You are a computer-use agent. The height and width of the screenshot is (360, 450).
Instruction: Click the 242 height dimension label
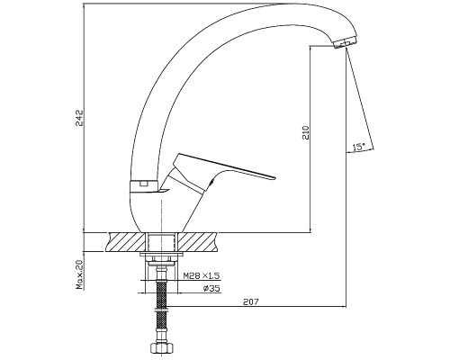click(x=79, y=118)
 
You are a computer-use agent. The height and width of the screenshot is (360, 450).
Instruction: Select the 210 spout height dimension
click(x=305, y=132)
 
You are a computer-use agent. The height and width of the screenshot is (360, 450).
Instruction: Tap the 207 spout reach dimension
click(x=250, y=301)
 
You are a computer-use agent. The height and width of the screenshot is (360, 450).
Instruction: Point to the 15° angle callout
click(x=358, y=147)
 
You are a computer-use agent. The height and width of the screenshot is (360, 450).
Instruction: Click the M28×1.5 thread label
click(x=202, y=275)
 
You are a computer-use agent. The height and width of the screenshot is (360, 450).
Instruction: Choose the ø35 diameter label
click(x=211, y=289)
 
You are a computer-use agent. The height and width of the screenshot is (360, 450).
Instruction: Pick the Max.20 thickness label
click(x=79, y=274)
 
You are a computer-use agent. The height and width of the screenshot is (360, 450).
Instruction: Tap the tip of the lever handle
click(x=274, y=178)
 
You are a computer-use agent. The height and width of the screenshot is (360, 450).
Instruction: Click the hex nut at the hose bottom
click(x=162, y=349)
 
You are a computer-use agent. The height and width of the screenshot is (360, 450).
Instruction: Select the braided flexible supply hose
click(x=161, y=308)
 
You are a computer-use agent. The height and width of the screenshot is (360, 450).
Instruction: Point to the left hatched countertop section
click(x=125, y=242)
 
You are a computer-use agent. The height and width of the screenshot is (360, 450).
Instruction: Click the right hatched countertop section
click(x=198, y=242)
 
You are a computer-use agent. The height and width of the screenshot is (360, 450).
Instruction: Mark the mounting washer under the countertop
click(x=161, y=255)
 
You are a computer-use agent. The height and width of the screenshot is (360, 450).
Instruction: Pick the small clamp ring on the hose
click(x=161, y=309)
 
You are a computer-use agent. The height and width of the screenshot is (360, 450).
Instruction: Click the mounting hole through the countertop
click(x=162, y=242)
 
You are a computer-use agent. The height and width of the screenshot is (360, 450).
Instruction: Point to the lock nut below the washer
click(x=161, y=261)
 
